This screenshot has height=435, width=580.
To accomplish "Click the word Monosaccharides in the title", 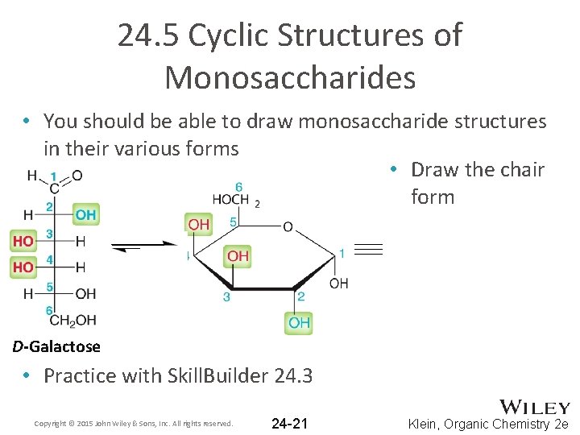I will pyautogui.click(x=290, y=77).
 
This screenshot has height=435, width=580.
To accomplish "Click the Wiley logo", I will pyautogui.click(x=535, y=408).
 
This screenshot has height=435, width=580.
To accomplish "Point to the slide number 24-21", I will pyautogui.click(x=289, y=423).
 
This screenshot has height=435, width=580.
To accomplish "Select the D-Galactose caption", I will pyautogui.click(x=56, y=347).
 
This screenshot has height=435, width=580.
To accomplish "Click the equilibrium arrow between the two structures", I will pyautogui.click(x=146, y=246).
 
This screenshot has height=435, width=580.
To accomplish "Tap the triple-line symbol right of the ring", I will pyautogui.click(x=368, y=250).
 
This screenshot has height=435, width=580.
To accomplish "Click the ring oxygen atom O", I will pyautogui.click(x=288, y=227).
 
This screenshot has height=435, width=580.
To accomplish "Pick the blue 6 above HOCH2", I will pyautogui.click(x=239, y=187).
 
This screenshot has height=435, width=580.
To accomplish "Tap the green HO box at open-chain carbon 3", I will pyautogui.click(x=23, y=241).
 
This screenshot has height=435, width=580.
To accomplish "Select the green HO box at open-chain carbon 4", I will pyautogui.click(x=23, y=267).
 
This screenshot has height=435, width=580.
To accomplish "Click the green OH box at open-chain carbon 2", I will pyautogui.click(x=85, y=214).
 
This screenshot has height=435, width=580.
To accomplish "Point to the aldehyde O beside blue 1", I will pyautogui.click(x=77, y=175).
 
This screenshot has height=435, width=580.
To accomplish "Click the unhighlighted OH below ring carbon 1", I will pyautogui.click(x=339, y=284).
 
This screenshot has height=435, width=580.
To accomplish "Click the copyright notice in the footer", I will pyautogui.click(x=134, y=424).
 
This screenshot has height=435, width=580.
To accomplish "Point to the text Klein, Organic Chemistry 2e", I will pyautogui.click(x=488, y=424).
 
